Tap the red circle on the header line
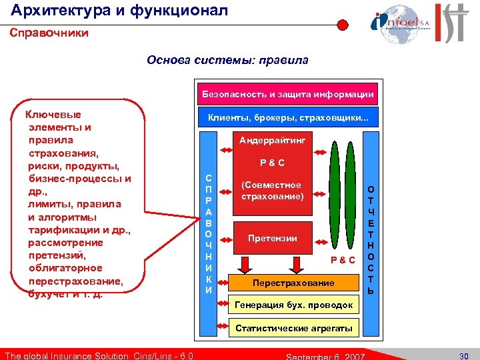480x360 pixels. (342, 25)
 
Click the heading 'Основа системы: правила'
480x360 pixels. (227, 61)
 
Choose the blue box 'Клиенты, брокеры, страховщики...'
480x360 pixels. (292, 118)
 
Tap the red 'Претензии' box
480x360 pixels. (272, 238)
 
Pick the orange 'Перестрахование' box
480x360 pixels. (293, 283)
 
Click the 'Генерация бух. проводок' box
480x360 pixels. (294, 305)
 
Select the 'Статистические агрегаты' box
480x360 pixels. (293, 328)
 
